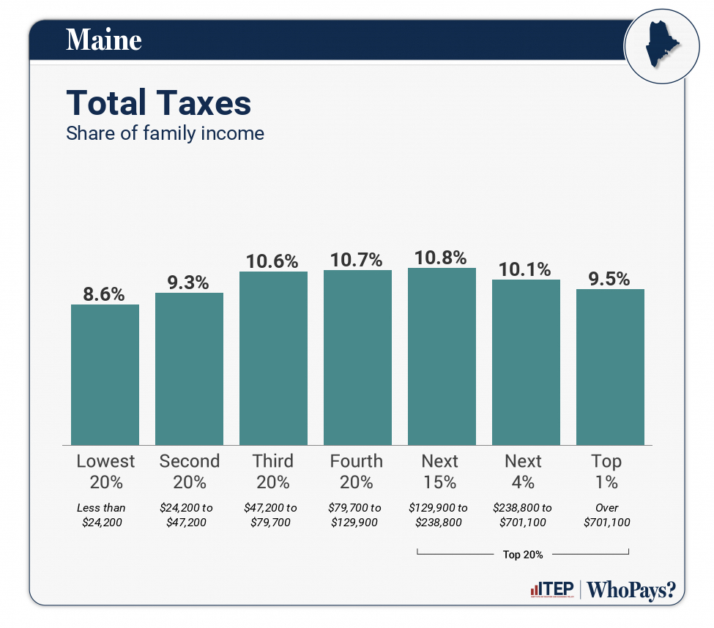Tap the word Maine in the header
click(x=103, y=40)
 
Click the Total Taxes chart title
click(x=159, y=103)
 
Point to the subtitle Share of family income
click(x=165, y=134)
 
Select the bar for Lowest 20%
click(x=105, y=374)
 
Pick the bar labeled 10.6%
click(x=273, y=358)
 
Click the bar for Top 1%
click(x=610, y=367)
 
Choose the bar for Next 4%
click(x=526, y=362)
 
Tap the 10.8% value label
click(x=442, y=258)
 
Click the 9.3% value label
click(x=189, y=282)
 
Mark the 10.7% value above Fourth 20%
click(x=357, y=260)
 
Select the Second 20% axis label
click(x=189, y=471)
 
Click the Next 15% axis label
click(x=439, y=471)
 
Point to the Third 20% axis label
click(x=273, y=471)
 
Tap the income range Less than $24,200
click(x=102, y=515)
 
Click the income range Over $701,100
click(x=606, y=515)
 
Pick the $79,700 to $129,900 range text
click(x=356, y=515)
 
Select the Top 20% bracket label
click(x=523, y=555)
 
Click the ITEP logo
click(x=551, y=590)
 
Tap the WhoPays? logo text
click(x=631, y=590)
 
